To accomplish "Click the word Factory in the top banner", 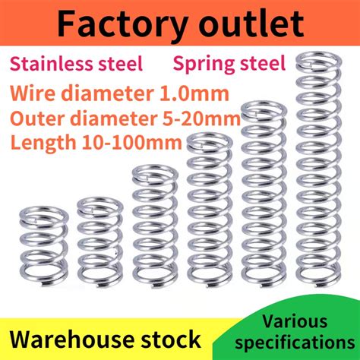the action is coord(122,25).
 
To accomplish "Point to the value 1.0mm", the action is coord(194,93).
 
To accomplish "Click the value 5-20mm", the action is coord(201,118).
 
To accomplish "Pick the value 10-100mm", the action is coord(131,142).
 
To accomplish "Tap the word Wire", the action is coord(33,93).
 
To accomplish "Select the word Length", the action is coord(43,144).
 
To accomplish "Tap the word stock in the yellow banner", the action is coord(171,339).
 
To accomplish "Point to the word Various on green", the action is coord(295,321).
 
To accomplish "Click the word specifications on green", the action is coord(295,343).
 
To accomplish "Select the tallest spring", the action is coord(319,169).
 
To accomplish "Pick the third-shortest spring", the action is coord(155,227).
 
